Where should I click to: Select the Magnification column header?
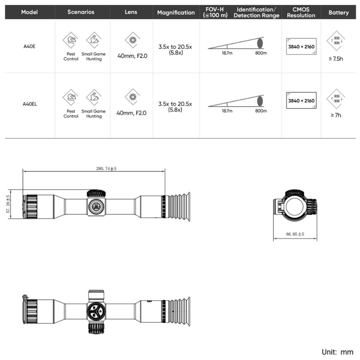pyautogui.click(x=176, y=13)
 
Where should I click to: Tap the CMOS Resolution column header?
pyautogui.click(x=301, y=12)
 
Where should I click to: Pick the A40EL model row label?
pyautogui.click(x=30, y=103)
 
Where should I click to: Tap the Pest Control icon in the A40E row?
pyautogui.click(x=70, y=40)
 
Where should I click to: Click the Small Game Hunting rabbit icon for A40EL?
pyautogui.click(x=94, y=97)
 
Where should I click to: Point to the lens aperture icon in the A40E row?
pyautogui.click(x=132, y=41)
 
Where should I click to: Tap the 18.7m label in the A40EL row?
pyautogui.click(x=227, y=110)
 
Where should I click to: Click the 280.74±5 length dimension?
pyautogui.click(x=106, y=168)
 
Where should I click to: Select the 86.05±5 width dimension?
pyautogui.click(x=295, y=234)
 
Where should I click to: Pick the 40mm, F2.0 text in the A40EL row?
pyautogui.click(x=131, y=113)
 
